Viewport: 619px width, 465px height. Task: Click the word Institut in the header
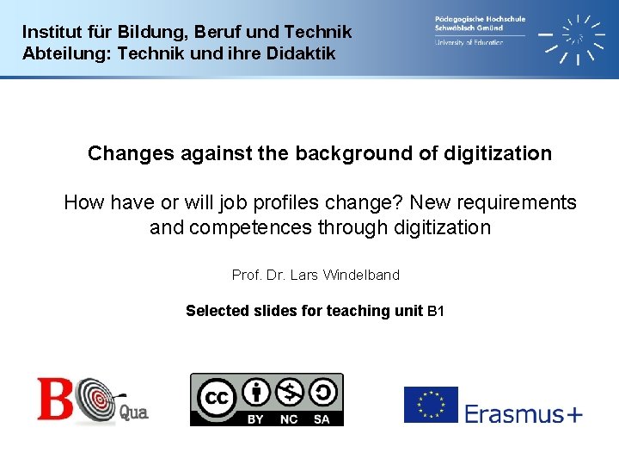coord(49,32)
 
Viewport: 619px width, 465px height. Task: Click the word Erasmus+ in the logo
coord(524,414)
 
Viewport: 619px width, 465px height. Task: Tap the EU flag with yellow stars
coord(431,405)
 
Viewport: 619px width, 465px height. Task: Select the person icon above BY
coord(255,393)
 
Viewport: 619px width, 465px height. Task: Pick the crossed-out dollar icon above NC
coord(290,393)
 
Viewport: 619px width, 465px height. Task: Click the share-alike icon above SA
coord(322,393)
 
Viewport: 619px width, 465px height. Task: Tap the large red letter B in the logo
coord(54,398)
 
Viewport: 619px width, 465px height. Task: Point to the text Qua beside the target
coord(133,413)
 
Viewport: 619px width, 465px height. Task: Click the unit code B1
coord(436,311)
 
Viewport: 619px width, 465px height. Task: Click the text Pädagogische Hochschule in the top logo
coord(480,18)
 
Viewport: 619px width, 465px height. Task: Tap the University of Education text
coord(469,42)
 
